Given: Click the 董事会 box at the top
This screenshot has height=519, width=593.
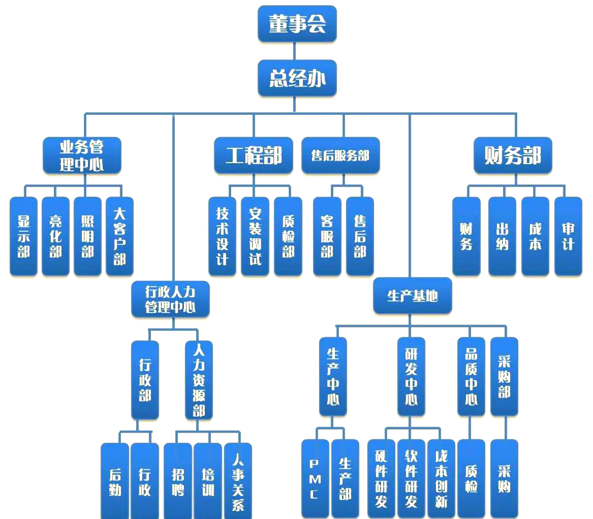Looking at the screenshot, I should (x=297, y=24).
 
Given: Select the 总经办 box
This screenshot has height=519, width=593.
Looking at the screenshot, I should (x=297, y=79).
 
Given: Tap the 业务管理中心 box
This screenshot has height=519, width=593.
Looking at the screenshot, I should (x=82, y=156).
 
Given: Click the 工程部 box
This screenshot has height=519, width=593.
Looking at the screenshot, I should (x=254, y=156).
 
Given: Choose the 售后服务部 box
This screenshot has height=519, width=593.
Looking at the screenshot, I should (x=340, y=156).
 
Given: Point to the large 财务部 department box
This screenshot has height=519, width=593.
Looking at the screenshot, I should (x=512, y=156).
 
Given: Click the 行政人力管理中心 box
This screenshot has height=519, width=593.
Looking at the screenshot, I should (x=170, y=299).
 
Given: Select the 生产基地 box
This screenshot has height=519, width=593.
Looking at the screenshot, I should (x=412, y=296).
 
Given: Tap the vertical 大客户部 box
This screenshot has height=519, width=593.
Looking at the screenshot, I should (x=120, y=236).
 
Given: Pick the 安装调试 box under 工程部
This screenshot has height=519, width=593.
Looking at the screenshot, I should (x=255, y=236).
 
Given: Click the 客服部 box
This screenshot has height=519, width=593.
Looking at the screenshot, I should (x=327, y=236).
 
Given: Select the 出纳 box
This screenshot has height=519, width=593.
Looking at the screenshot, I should (x=502, y=236).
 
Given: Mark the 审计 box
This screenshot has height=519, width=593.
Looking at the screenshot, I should (x=568, y=236).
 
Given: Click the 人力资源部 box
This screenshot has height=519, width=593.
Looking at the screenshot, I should (x=199, y=379).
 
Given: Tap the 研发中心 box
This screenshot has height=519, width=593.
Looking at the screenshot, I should (x=411, y=376).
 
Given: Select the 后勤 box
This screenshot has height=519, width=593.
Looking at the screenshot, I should (x=115, y=481).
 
